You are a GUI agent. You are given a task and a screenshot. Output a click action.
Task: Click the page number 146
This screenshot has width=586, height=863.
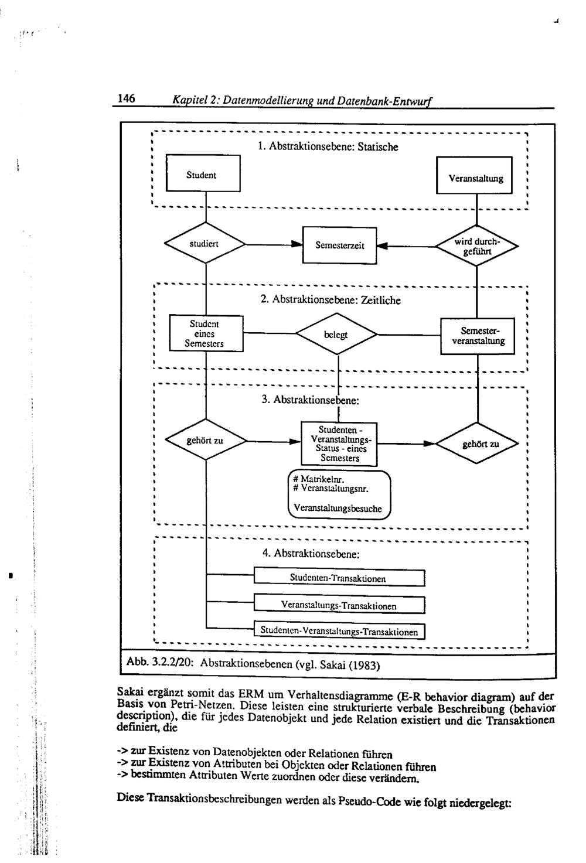coord(127,98)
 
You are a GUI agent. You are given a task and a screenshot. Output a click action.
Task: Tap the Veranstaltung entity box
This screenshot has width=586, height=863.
coord(475,176)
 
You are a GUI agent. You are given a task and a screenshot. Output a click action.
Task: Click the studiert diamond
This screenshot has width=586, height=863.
coord(205,244)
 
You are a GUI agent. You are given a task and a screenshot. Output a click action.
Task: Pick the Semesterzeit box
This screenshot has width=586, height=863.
coord(339,245)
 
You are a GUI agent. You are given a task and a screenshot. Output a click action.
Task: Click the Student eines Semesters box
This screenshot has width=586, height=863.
coord(205,333)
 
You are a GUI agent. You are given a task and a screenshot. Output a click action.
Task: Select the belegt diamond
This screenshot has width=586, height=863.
coord(336,335)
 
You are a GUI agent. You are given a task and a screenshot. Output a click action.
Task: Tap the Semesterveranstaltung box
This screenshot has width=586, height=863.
coord(478,336)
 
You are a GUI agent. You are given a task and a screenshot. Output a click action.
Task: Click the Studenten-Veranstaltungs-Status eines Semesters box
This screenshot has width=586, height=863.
coord(339,444)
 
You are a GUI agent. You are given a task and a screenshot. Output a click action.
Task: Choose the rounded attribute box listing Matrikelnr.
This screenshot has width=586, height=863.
coord(339,494)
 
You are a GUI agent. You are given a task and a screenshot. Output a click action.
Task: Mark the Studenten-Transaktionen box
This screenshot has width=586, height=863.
coord(339,578)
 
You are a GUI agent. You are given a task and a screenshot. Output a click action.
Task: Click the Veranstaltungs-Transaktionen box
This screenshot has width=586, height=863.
coord(339,605)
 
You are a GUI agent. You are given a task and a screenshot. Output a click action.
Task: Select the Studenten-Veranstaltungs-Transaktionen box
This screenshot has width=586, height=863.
coord(339,632)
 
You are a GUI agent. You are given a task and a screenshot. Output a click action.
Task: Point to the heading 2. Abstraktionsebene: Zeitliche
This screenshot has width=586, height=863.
coord(331,301)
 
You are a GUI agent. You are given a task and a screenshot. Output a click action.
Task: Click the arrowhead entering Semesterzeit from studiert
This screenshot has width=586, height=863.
coord(297,245)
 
